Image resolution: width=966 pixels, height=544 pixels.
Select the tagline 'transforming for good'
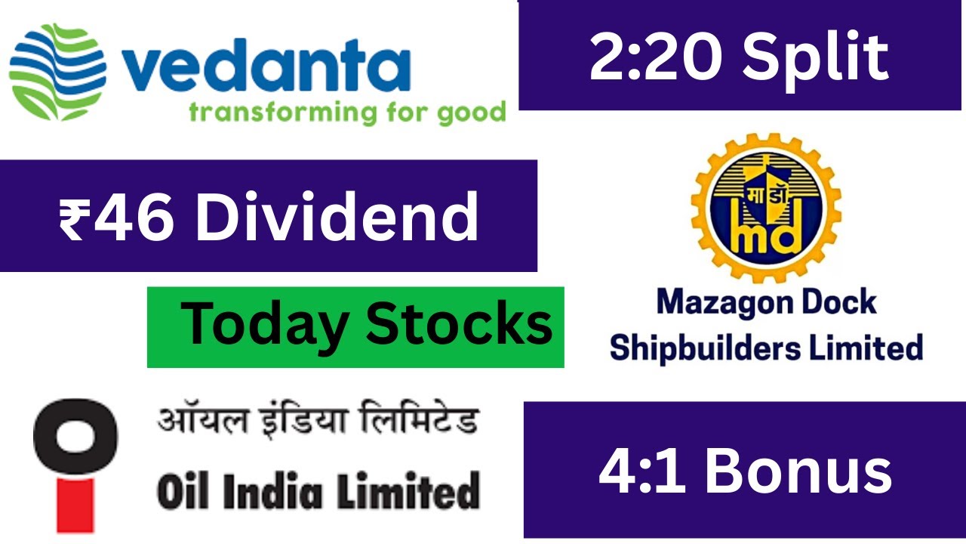346,113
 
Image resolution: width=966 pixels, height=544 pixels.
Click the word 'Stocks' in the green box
460,324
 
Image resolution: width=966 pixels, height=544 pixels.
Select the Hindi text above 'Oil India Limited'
318,421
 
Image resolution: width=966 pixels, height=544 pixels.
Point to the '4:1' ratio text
642,473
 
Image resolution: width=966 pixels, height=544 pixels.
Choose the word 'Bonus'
799,473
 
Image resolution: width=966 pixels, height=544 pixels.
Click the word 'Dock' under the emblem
838,302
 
